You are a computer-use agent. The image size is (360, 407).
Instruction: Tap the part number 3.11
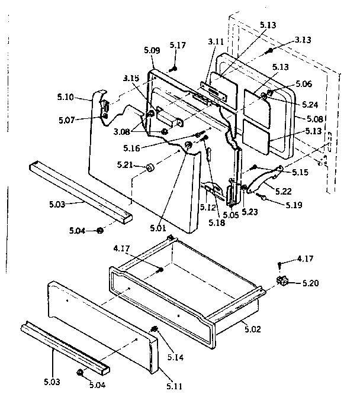click(216, 42)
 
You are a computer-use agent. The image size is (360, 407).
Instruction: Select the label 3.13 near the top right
click(303, 40)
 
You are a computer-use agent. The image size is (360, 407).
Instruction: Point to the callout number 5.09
click(152, 51)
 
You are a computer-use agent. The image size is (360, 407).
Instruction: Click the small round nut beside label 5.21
click(149, 168)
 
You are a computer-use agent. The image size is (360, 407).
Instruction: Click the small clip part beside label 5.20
click(281, 280)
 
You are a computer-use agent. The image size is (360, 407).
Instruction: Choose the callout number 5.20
click(308, 283)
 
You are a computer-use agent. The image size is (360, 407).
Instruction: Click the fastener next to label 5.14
click(155, 329)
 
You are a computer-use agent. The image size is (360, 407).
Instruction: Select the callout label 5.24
click(310, 104)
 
